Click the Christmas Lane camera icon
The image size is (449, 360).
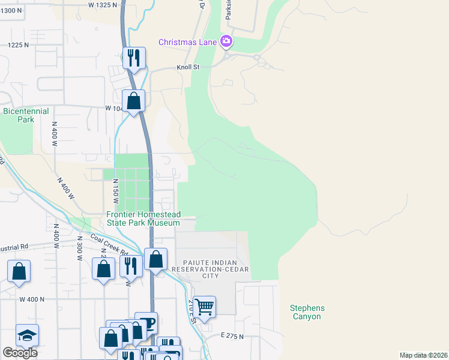pos(226,41)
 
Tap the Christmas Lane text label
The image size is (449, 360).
pos(187,42)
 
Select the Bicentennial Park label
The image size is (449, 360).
pos(26,115)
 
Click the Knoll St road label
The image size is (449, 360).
pos(187,68)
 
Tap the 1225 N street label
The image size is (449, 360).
pos(18,46)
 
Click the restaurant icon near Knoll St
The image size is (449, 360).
pos(133,58)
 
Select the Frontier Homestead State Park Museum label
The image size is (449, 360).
pos(143,218)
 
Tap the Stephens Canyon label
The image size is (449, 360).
pos(306,312)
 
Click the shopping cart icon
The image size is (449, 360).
pos(205,306)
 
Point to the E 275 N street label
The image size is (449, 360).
pos(232,337)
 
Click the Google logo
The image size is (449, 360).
pos(20,353)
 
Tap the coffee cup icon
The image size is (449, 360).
pos(146,323)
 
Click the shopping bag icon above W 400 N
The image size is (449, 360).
pos(19,272)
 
